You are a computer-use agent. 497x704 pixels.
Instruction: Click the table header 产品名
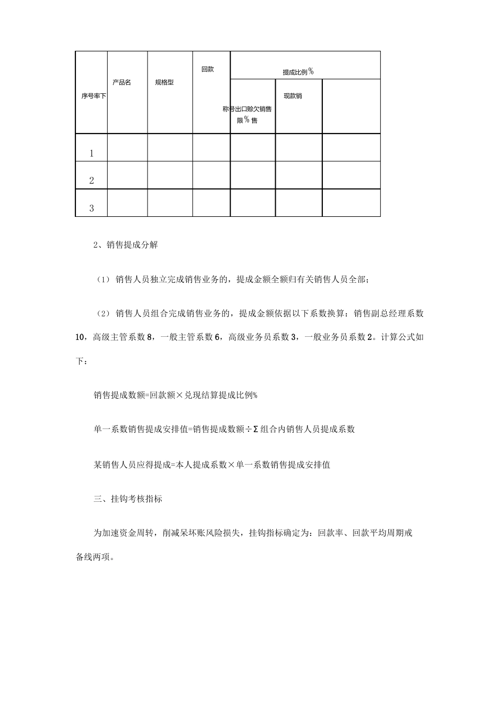coord(121,83)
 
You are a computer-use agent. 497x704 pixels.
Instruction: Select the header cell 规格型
coord(164,83)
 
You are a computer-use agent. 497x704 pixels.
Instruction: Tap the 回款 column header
coord(208,69)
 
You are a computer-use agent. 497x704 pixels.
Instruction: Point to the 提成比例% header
coord(298,72)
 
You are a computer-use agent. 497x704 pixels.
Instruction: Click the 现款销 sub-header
coord(292,96)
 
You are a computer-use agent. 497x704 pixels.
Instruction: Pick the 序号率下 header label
coord(94,96)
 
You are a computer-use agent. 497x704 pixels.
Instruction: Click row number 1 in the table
coord(92,153)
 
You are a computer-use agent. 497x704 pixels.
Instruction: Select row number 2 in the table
coord(92,181)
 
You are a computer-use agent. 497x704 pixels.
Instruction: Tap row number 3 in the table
coord(92,208)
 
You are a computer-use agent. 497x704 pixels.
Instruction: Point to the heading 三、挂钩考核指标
coord(128,499)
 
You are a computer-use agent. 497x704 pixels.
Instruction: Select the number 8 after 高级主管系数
coord(151,337)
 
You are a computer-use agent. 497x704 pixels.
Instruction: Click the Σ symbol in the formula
coord(255,430)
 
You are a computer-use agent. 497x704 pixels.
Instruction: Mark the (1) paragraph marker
coord(103,280)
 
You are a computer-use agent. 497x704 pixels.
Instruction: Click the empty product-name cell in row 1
coord(127,148)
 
